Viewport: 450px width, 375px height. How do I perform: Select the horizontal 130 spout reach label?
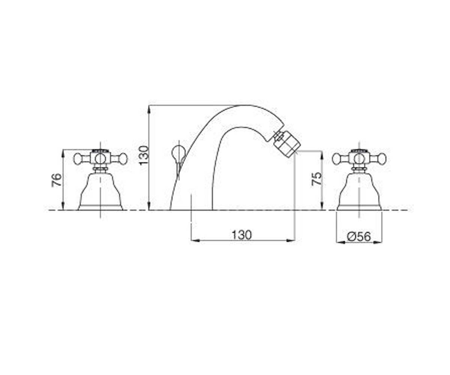[x=242, y=235]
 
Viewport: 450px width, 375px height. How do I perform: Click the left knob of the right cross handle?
[x=337, y=159]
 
